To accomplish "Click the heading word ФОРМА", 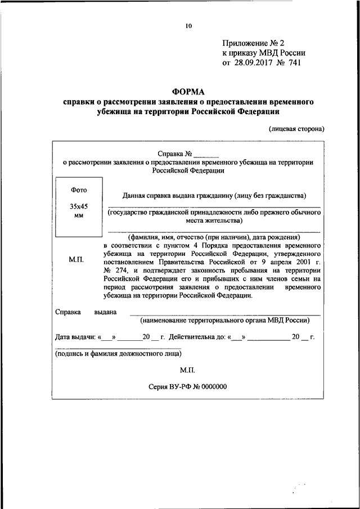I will click(x=188, y=92).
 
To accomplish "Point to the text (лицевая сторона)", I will click(x=296, y=128).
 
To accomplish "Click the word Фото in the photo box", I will click(x=78, y=190).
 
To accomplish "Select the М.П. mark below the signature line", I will click(x=188, y=370).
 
